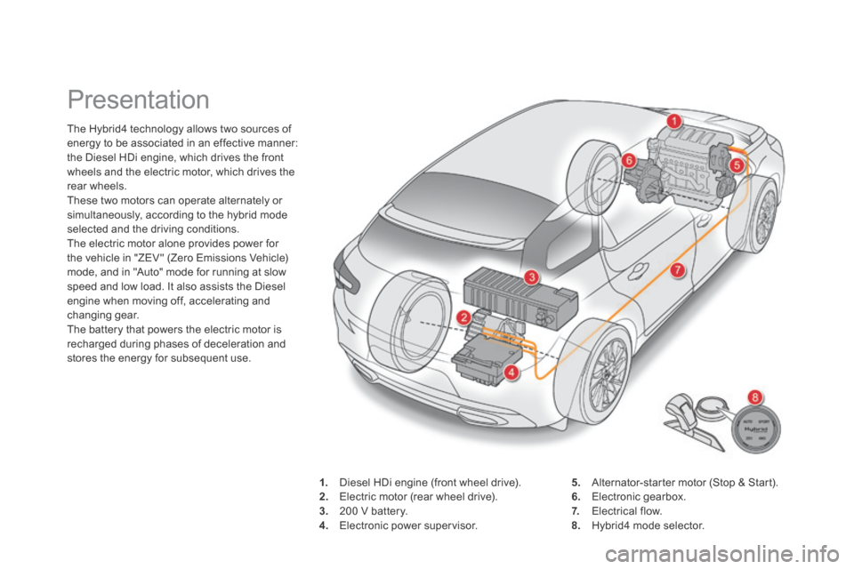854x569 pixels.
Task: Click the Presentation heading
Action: [x=139, y=100]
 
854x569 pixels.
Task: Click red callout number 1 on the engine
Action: [x=673, y=122]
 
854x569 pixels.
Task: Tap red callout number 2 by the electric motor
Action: [x=463, y=317]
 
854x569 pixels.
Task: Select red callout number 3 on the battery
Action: [x=532, y=276]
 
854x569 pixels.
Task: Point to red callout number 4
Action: [x=511, y=373]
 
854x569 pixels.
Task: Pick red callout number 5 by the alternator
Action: [x=737, y=165]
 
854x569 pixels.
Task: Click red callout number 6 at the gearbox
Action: [x=629, y=161]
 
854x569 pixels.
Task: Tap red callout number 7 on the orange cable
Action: [x=677, y=270]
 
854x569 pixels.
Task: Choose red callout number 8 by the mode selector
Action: [x=755, y=397]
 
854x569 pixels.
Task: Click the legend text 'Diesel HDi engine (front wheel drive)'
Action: [x=431, y=483]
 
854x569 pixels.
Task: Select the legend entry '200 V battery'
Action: [x=373, y=511]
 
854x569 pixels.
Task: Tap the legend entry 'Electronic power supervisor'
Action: [x=408, y=526]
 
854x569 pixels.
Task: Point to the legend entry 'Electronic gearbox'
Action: [x=639, y=497]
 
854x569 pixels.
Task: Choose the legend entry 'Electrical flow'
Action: [x=627, y=511]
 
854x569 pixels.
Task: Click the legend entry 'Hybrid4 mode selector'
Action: [x=649, y=526]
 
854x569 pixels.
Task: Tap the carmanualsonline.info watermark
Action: [x=727, y=556]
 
